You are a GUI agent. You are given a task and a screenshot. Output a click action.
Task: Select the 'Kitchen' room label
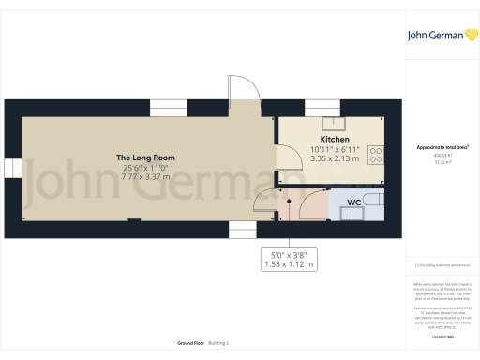pyautogui.click(x=335, y=139)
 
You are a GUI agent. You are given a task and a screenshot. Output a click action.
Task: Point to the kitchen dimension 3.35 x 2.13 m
pyautogui.click(x=335, y=158)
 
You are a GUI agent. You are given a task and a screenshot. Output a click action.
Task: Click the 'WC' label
pyautogui.click(x=354, y=202)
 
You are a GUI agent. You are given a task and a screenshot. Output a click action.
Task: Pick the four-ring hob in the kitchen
pyautogui.click(x=377, y=153)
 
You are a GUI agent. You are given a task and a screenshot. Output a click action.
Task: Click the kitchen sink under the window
pyautogui.click(x=335, y=122)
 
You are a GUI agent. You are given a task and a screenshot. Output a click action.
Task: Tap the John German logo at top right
pyautogui.click(x=442, y=35)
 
